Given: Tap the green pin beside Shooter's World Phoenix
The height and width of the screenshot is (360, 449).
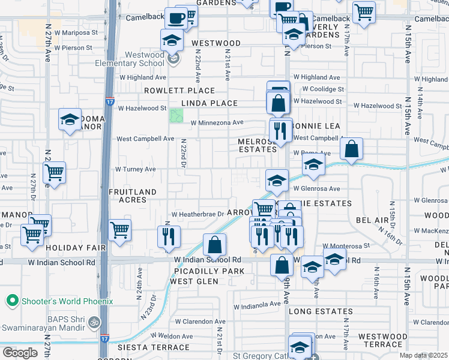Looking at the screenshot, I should (11, 301).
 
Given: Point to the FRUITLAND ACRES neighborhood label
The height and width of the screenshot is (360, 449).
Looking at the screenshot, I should (133, 196).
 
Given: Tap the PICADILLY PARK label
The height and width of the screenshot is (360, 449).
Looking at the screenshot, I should (208, 271).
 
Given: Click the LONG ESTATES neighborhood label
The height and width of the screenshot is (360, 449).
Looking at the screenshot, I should (321, 311).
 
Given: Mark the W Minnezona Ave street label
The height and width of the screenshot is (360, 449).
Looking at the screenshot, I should (217, 123).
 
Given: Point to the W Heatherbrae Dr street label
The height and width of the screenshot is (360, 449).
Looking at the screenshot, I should (197, 214).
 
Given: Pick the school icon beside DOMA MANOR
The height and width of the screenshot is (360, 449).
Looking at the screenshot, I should (70, 119).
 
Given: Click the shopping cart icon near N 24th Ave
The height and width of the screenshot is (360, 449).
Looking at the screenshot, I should (120, 229).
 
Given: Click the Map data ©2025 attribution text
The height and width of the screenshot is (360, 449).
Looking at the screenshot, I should (424, 355).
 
